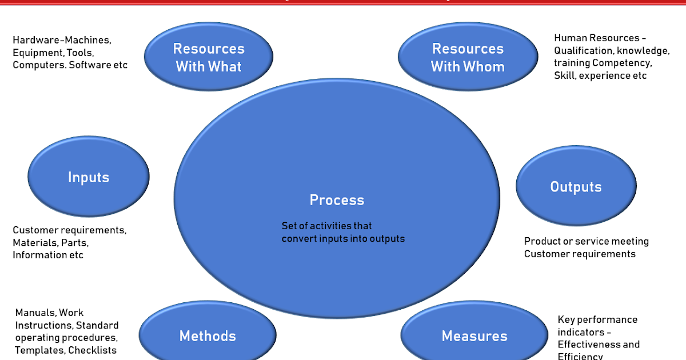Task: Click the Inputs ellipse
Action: point(89,177)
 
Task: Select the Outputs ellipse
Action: point(576,186)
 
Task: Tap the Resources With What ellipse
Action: point(209,57)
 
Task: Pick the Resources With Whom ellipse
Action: point(468,57)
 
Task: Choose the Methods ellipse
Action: point(208,336)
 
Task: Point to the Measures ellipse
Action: point(474,336)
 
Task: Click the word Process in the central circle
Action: point(337,200)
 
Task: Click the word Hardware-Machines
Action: point(62,40)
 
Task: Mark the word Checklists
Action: point(92,350)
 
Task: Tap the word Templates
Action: point(39,350)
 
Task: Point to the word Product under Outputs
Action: point(542,241)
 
